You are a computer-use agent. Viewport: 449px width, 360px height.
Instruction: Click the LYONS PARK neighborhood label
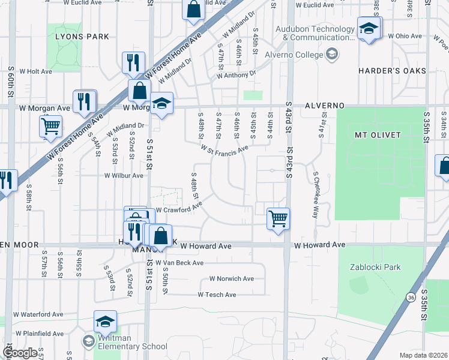82,37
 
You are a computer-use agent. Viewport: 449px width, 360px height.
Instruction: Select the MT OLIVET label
373,135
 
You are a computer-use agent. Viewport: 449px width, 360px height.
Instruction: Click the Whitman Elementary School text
125,346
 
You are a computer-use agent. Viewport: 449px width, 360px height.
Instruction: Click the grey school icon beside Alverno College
331,55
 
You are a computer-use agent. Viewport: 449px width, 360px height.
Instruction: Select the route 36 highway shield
410,297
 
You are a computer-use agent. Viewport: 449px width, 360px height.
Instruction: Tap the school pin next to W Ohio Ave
368,28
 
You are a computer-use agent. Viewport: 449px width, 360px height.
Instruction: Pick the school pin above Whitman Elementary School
105,321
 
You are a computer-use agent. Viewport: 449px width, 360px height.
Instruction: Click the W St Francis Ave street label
224,148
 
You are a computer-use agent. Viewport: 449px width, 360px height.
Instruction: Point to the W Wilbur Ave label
124,176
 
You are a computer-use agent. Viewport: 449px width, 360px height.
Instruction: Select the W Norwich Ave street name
231,279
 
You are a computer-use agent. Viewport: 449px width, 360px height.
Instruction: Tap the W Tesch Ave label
217,295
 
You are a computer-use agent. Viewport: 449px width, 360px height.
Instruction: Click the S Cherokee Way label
315,194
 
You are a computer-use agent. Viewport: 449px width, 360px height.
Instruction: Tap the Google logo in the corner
20,353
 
